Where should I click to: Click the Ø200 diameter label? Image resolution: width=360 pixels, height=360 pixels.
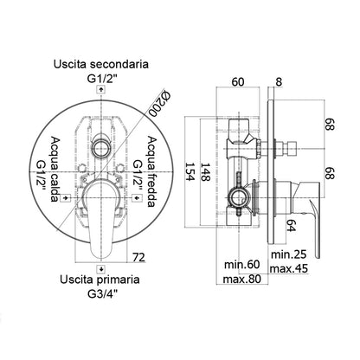tap(159, 104)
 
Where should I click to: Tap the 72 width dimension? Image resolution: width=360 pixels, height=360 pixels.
tap(138, 257)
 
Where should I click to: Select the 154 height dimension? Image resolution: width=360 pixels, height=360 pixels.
tap(190, 171)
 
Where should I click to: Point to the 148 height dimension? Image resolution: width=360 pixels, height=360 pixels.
tap(205, 172)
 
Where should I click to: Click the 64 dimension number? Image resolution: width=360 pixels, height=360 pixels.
tap(291, 225)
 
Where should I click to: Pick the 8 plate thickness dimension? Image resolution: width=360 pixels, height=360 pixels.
tap(279, 82)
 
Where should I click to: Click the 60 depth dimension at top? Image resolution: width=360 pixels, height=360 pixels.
tap(238, 82)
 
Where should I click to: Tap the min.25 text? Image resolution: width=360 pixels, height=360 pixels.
tap(288, 254)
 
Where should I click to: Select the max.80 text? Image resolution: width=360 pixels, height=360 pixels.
tap(241, 279)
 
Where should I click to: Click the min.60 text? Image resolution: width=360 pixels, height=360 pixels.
tap(242, 265)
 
